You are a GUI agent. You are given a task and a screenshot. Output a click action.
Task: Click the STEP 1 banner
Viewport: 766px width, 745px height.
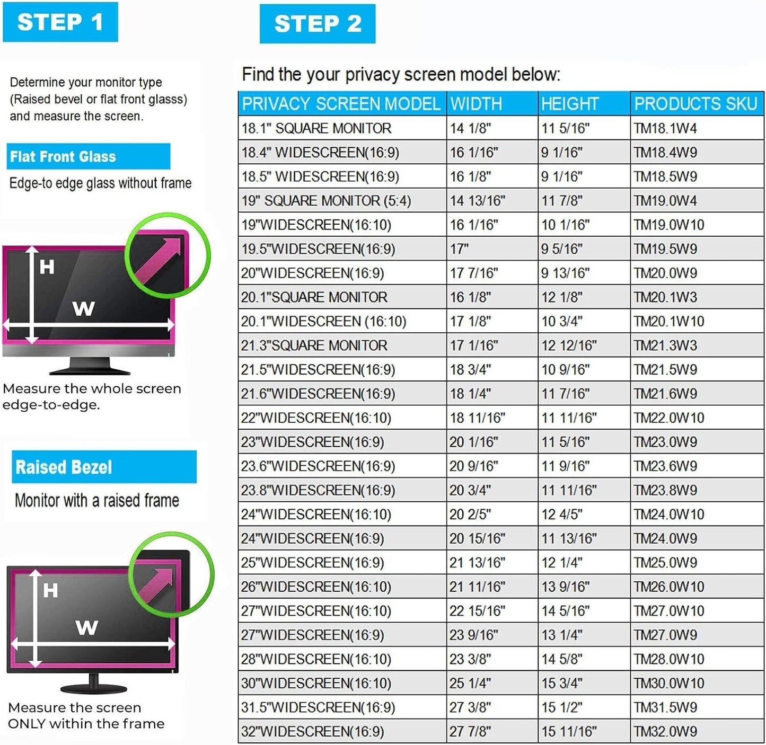60,22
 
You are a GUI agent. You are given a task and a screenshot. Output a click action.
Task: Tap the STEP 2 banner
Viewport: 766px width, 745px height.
317,24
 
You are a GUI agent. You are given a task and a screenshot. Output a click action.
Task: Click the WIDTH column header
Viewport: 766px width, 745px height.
476,104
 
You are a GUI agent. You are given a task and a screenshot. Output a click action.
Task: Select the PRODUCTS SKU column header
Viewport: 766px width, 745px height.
695,104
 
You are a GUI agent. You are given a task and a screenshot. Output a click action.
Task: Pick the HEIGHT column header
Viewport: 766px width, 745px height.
569,104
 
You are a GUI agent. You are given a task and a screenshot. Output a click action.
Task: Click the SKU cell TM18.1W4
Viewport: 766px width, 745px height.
665,128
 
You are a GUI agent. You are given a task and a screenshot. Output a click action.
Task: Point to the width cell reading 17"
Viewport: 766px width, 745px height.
459,249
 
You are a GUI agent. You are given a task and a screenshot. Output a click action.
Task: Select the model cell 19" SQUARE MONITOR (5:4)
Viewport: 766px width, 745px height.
326,201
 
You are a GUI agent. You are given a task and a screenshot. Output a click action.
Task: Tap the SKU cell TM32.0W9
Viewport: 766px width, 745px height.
665,731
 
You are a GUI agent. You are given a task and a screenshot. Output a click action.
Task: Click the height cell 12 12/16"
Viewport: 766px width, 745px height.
569,345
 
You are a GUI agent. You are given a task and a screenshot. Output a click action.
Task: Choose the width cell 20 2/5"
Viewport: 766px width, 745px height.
470,514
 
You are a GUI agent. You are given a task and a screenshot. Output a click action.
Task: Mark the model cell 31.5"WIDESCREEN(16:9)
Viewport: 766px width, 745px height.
318,707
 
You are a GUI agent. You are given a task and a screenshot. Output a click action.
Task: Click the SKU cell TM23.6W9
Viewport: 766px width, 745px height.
665,466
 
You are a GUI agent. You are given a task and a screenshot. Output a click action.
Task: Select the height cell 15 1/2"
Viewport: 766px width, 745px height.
562,707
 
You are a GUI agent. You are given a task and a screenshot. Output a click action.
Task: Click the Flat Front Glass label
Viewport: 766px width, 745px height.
63,157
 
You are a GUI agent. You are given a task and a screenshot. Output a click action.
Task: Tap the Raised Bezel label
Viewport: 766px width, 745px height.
64,467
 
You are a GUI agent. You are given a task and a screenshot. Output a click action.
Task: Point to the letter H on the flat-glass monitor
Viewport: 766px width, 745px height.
47,267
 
